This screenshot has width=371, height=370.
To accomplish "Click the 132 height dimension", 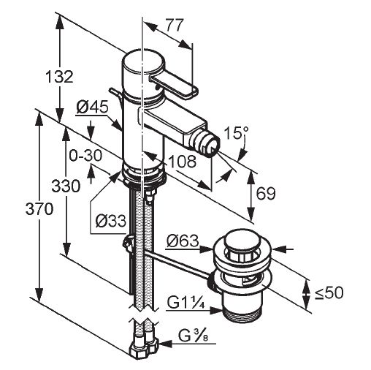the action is coord(60,76).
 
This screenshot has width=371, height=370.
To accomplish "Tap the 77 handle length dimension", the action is coord(175,25).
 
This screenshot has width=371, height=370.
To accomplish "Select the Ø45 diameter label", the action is coord(92,107).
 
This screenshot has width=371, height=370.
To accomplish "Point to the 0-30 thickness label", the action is coord(85,156).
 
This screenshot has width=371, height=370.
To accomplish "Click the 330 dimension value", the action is coord(66,186).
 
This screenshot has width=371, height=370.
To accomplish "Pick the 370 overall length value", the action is coord(39,209).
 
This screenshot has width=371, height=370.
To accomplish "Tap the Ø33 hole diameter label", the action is coord(111,221).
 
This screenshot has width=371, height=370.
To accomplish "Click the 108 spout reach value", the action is coord(182,161).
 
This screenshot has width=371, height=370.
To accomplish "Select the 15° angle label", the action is coord(236,133).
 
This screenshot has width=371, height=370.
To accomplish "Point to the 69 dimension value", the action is coord(266,193).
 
